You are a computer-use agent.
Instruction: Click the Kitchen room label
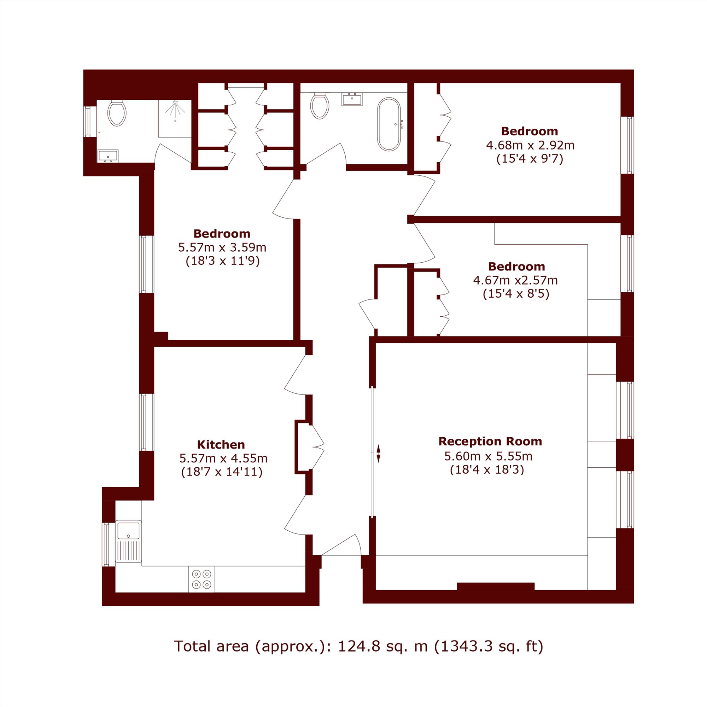pyautogui.click(x=221, y=445)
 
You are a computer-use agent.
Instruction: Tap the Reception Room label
pyautogui.click(x=490, y=441)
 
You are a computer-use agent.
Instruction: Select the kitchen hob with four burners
pyautogui.click(x=201, y=579)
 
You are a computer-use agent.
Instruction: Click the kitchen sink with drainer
pyautogui.click(x=128, y=541)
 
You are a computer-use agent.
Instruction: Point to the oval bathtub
pyautogui.click(x=389, y=124)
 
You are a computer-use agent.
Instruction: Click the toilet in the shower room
pyautogui.click(x=117, y=113)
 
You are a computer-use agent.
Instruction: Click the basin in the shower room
pyautogui.click(x=108, y=156)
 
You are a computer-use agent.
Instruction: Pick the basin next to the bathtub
pyautogui.click(x=352, y=99)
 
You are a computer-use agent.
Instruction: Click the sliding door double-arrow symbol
pyautogui.click(x=378, y=454)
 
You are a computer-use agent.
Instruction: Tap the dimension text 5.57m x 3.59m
pyautogui.click(x=222, y=248)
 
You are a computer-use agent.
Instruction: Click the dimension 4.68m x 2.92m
pyautogui.click(x=530, y=146)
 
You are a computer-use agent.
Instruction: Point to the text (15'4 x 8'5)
pyautogui.click(x=516, y=294)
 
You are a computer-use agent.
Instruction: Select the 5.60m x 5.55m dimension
pyautogui.click(x=488, y=456)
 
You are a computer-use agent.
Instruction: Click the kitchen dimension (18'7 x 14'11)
pyautogui.click(x=222, y=472)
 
